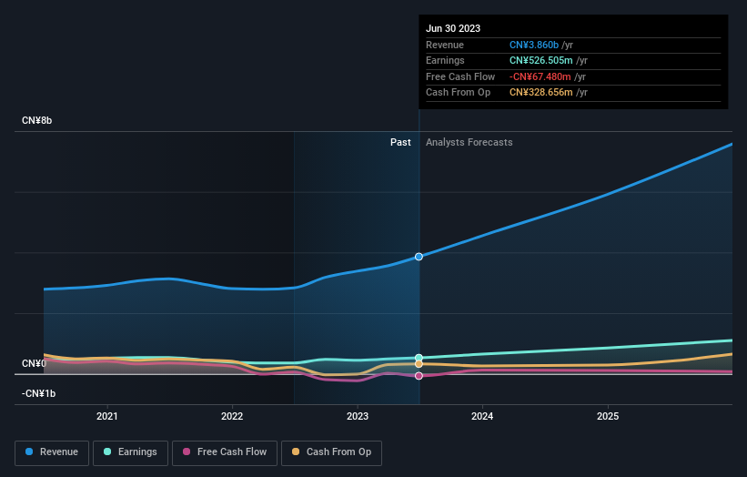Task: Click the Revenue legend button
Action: (x=52, y=452)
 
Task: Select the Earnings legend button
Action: (x=130, y=452)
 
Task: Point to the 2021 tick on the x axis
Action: (x=107, y=416)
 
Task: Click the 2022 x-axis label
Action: (x=232, y=416)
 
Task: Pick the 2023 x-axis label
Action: (x=358, y=416)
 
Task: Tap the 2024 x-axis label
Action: (x=482, y=416)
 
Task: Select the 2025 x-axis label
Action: (x=608, y=416)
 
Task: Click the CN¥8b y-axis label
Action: (x=37, y=121)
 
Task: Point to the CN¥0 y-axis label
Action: (x=34, y=364)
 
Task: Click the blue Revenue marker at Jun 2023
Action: (x=419, y=257)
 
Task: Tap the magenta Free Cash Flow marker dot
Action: (x=419, y=375)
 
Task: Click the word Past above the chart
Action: (x=400, y=142)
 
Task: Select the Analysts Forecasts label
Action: (x=469, y=142)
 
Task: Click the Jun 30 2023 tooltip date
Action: (x=453, y=28)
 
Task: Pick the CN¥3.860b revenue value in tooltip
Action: (x=533, y=45)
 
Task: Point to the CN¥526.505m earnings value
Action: (x=540, y=61)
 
